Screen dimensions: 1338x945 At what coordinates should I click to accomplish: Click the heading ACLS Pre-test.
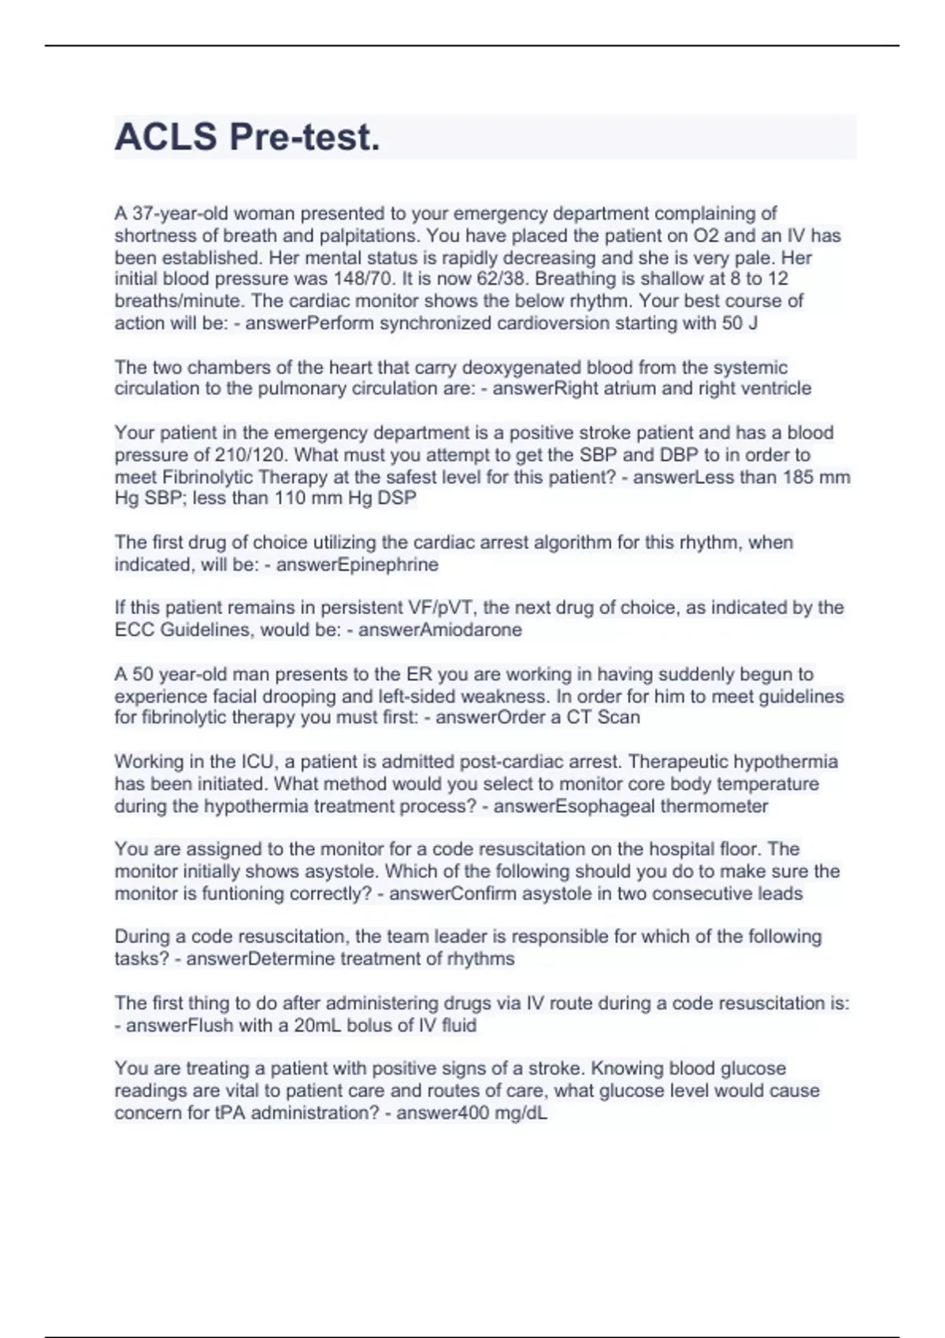coord(247,137)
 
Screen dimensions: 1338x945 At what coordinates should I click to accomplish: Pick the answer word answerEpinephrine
coord(357,564)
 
